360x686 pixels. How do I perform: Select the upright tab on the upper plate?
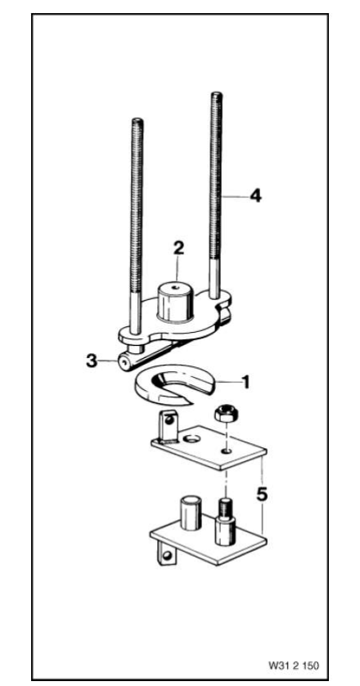[165, 424]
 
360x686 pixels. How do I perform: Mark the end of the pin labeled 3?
[124, 360]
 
